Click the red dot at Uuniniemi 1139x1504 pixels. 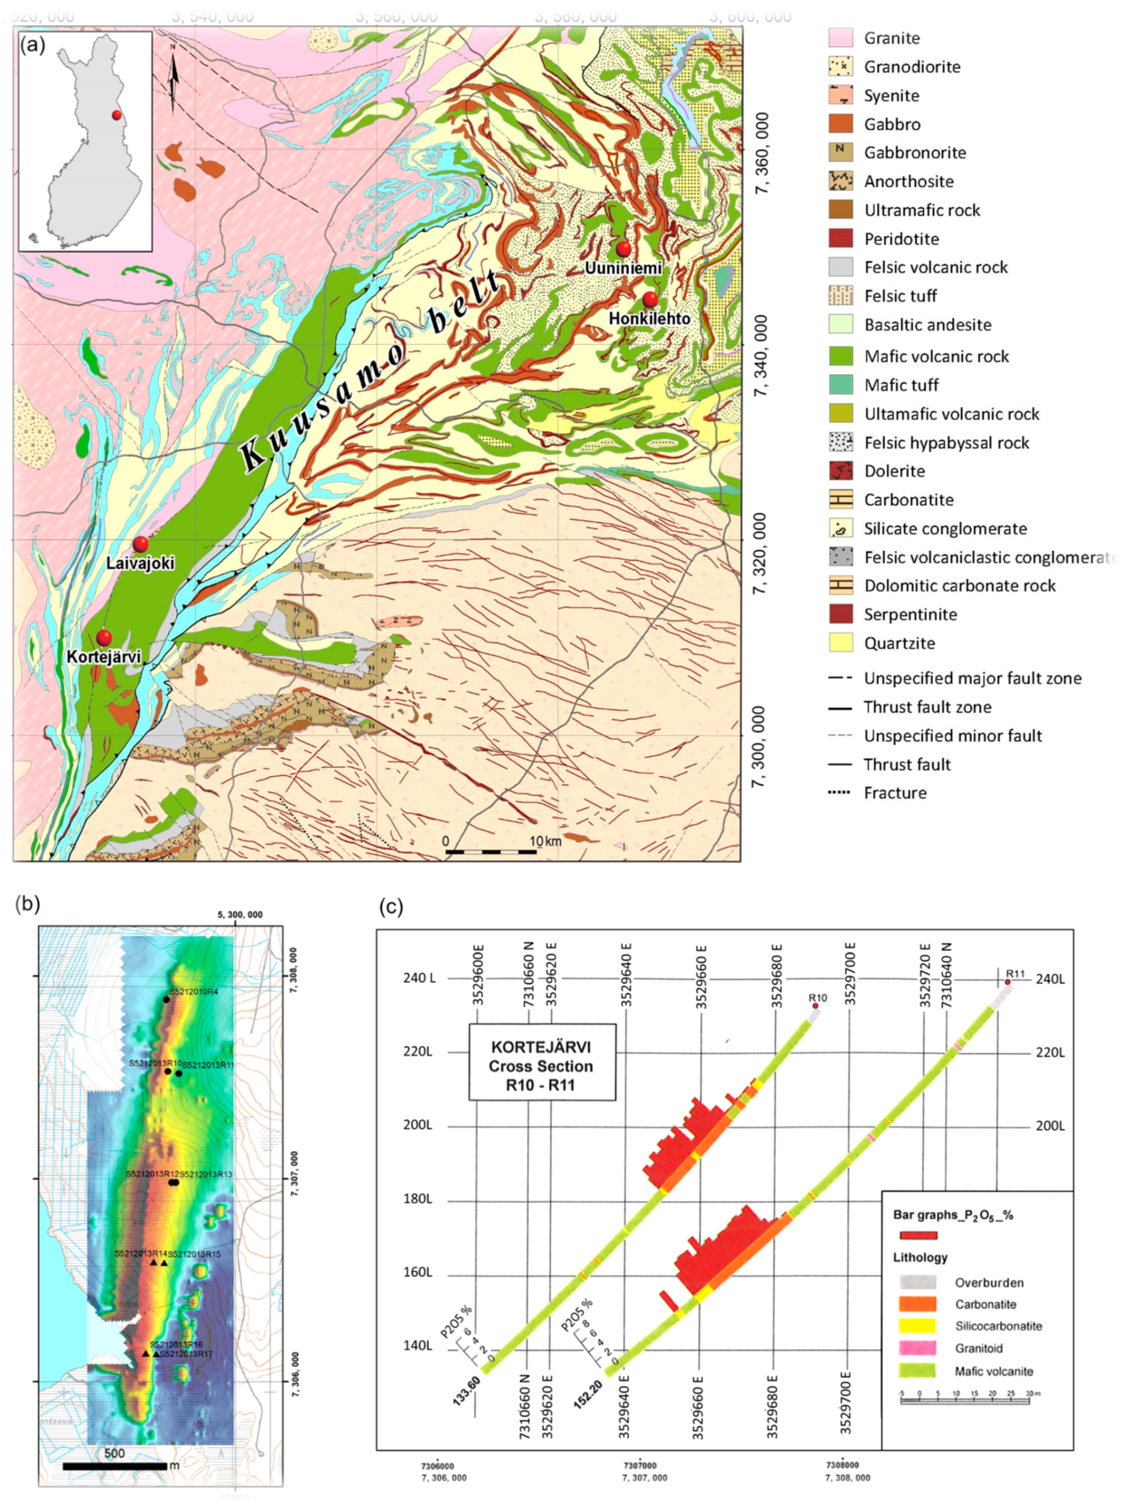pyautogui.click(x=624, y=249)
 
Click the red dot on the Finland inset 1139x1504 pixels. pyautogui.click(x=117, y=115)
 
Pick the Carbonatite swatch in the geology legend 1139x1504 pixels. pyautogui.click(x=841, y=500)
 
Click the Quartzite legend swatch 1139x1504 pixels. pyautogui.click(x=841, y=643)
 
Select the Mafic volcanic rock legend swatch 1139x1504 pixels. pyautogui.click(x=841, y=356)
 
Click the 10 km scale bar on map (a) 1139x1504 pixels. pyautogui.click(x=491, y=852)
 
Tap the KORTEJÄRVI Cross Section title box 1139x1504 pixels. pyautogui.click(x=541, y=1066)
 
